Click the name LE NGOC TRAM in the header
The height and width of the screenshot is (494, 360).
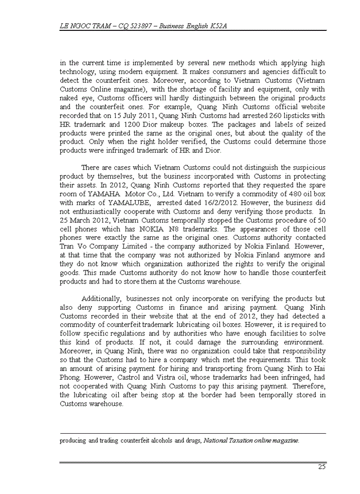[83, 25]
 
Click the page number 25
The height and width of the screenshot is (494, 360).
[321, 467]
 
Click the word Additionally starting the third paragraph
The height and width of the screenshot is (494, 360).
[101, 298]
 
